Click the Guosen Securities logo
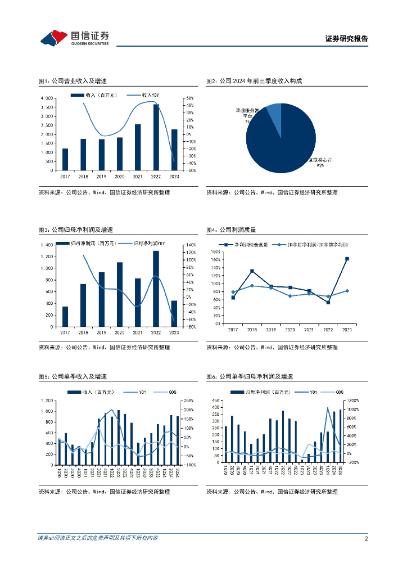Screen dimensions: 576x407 [x=74, y=38]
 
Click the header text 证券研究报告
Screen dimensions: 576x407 [x=346, y=39]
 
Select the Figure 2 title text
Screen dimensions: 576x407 [x=254, y=82]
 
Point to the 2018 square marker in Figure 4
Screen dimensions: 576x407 [x=252, y=271]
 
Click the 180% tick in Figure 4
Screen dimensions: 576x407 [x=214, y=251]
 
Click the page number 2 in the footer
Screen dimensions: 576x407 [x=366, y=538]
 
